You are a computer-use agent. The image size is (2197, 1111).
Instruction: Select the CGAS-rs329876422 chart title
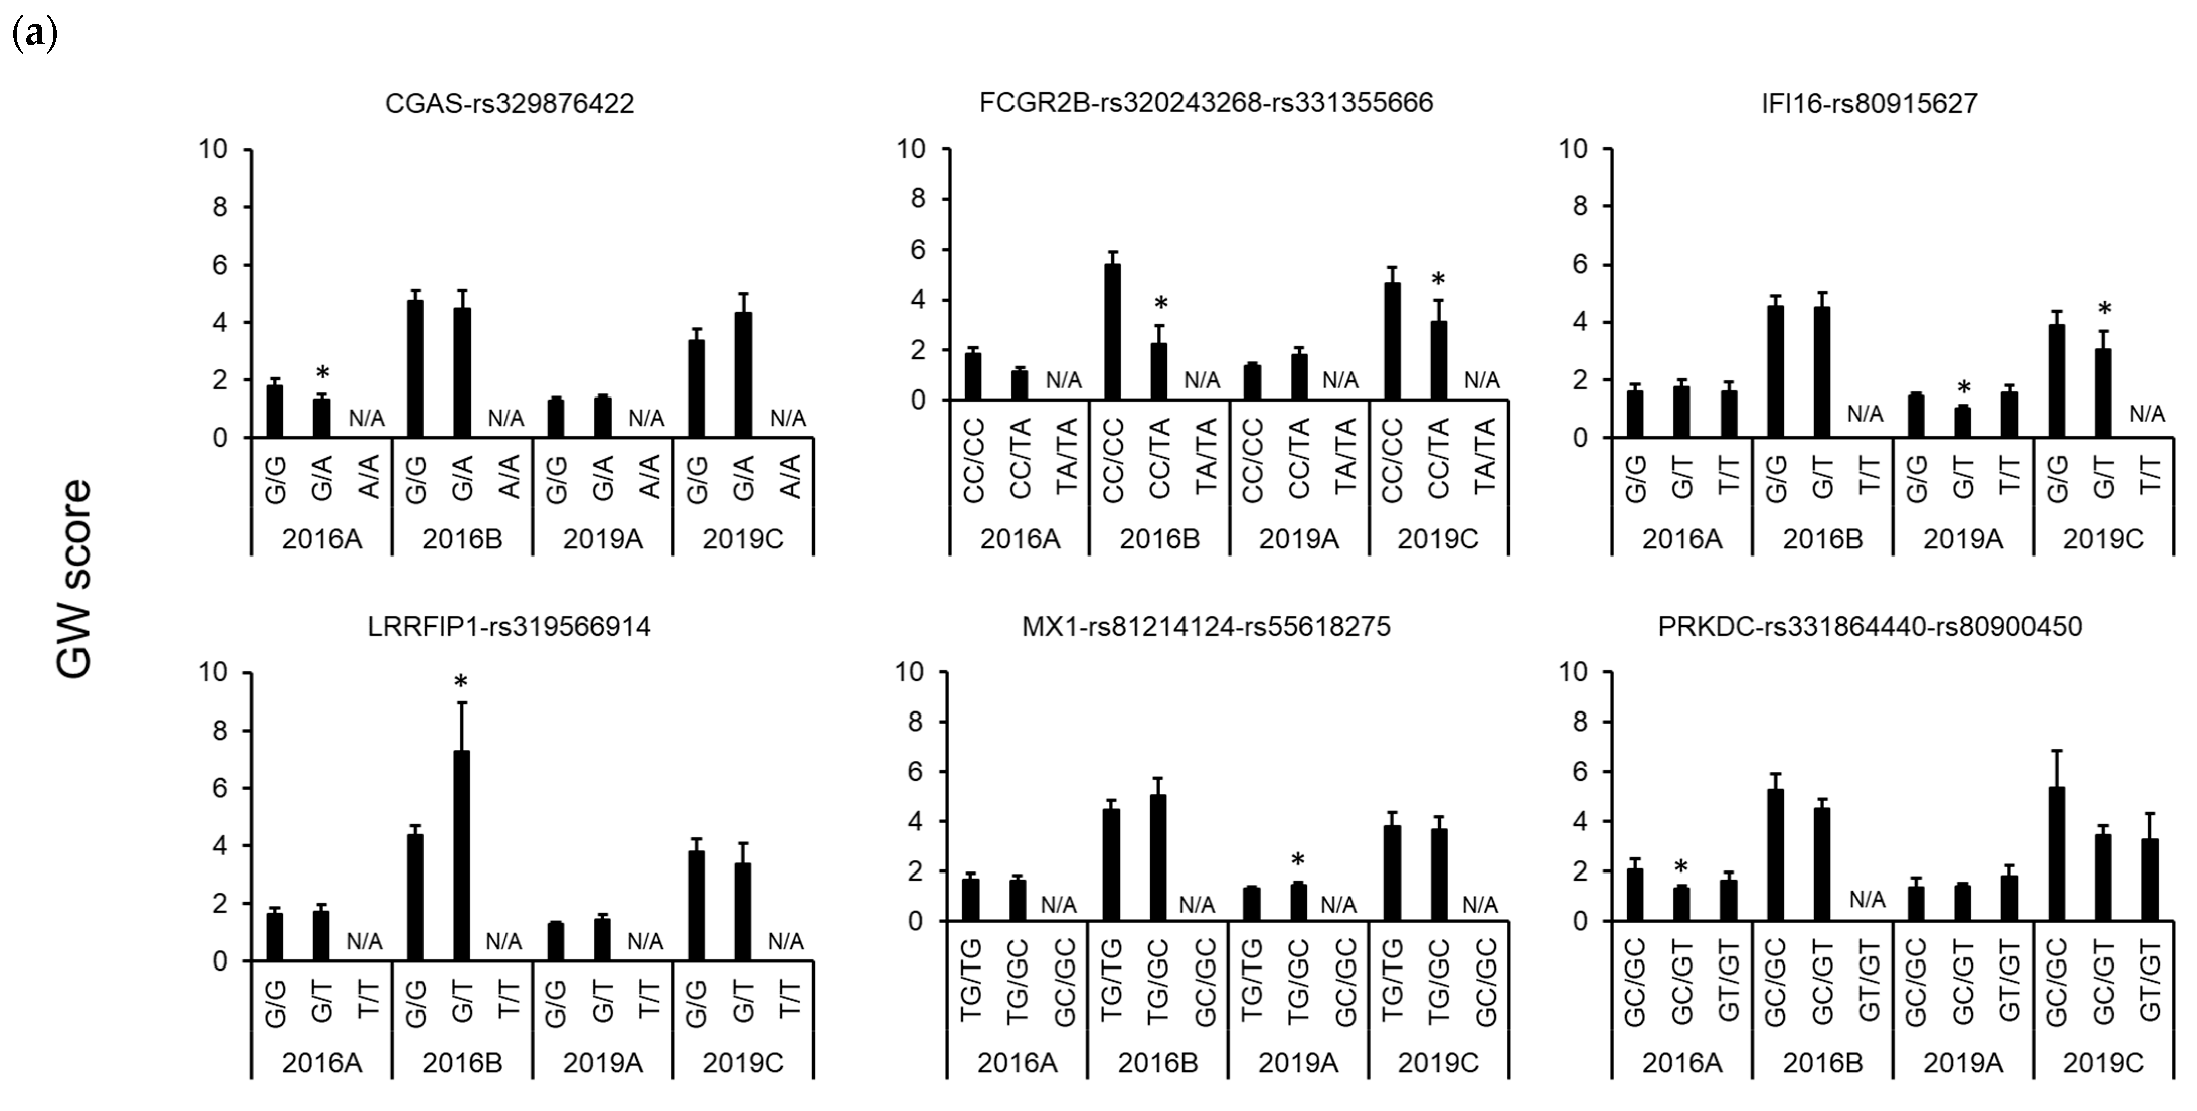[x=509, y=103]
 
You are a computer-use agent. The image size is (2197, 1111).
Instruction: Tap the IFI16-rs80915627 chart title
[x=1870, y=103]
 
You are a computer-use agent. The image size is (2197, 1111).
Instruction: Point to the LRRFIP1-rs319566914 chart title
[x=509, y=627]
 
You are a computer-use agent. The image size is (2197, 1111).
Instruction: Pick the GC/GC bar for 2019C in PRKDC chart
[x=2056, y=853]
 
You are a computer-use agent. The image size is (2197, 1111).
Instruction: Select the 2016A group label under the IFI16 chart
[x=1682, y=539]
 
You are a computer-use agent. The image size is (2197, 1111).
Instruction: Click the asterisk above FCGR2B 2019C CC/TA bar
[x=1438, y=279]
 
